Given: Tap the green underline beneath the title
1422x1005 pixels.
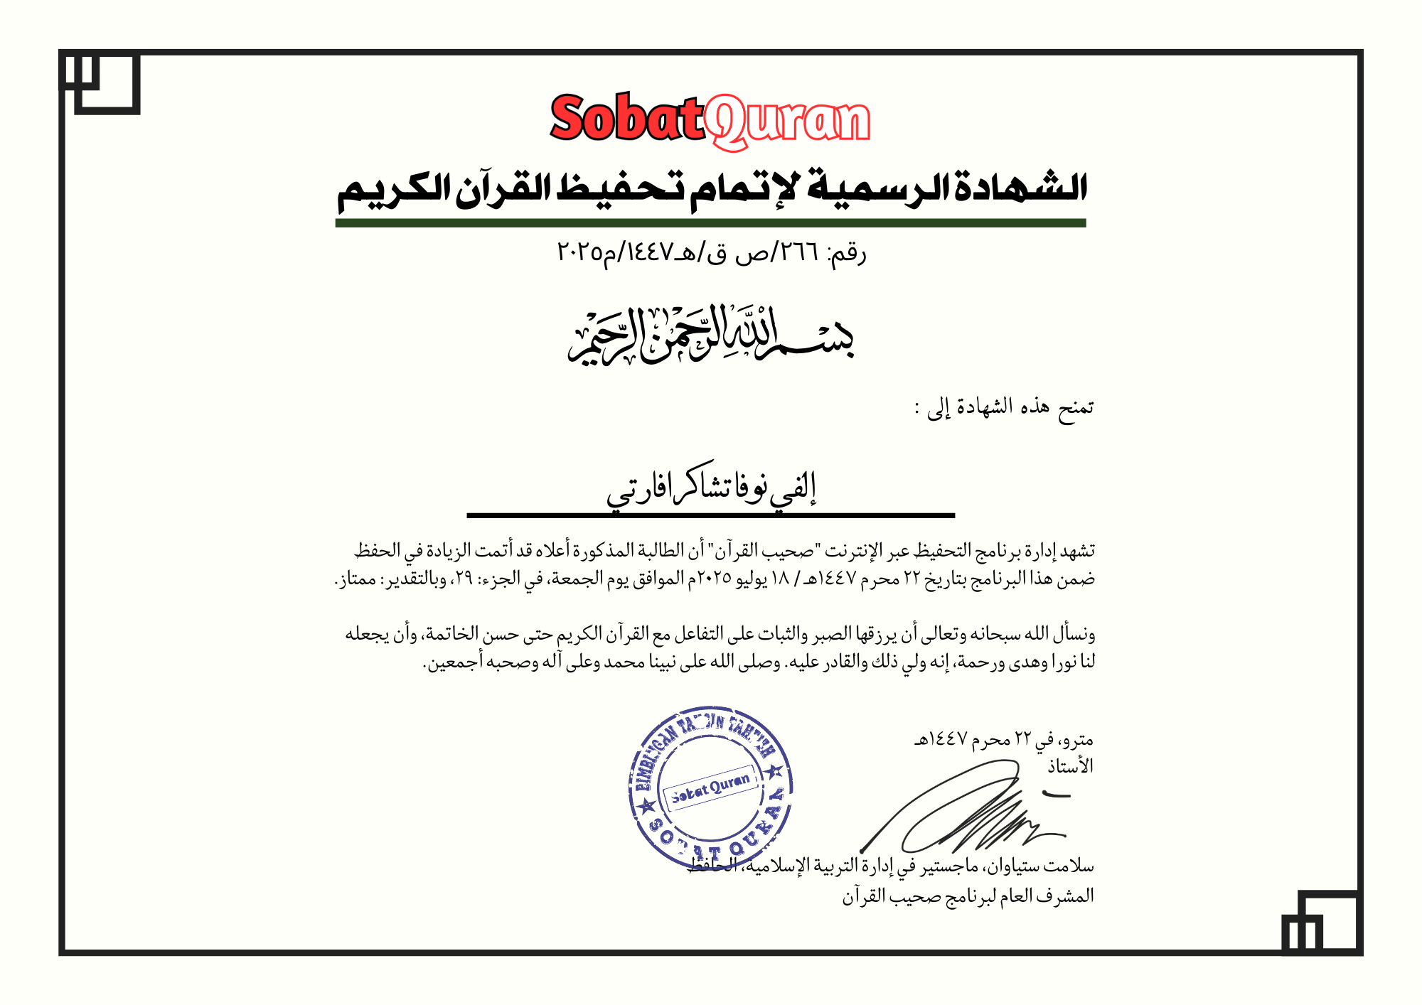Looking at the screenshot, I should [x=710, y=223].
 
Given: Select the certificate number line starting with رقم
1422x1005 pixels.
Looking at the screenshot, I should [x=711, y=252].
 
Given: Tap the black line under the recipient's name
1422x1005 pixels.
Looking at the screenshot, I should [x=710, y=515].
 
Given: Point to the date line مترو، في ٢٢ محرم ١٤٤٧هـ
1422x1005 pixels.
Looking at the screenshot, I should [x=1004, y=740].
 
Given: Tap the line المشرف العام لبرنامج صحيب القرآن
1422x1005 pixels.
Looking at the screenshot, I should [x=968, y=896].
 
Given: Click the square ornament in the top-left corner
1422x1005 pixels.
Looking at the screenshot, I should [x=100, y=82].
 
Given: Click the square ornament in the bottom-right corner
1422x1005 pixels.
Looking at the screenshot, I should [x=1322, y=922].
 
